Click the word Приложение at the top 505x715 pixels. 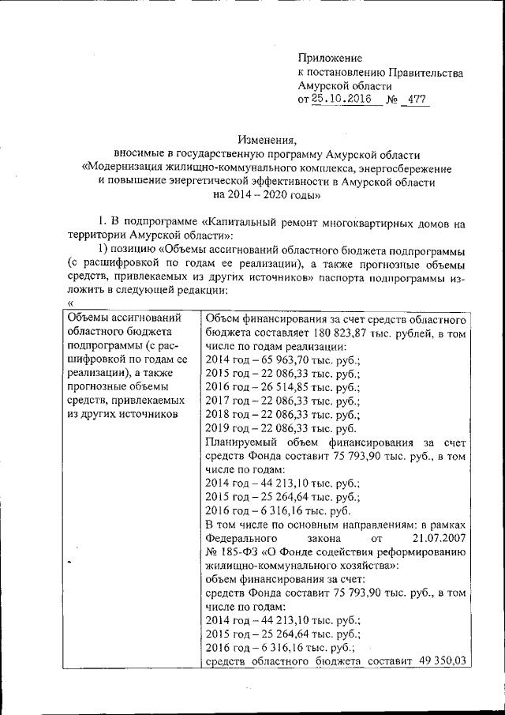(330, 58)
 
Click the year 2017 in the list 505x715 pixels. (218, 403)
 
